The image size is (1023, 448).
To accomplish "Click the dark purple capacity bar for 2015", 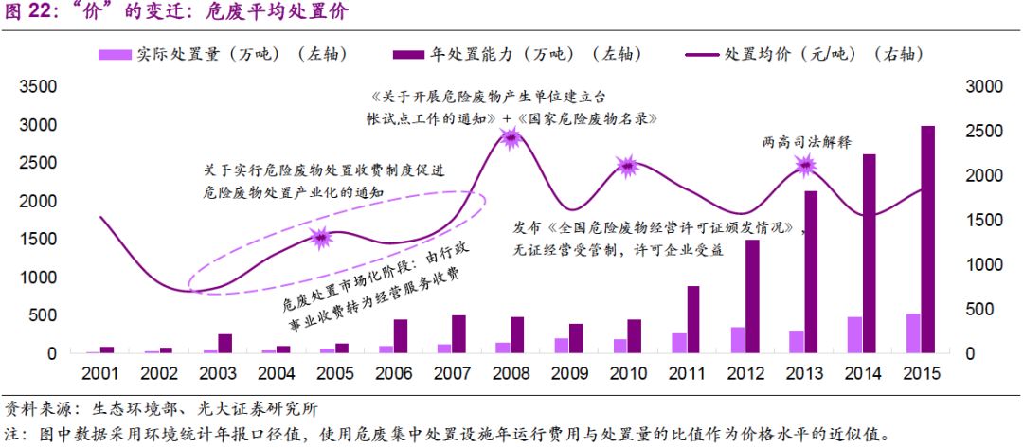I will coord(928,240).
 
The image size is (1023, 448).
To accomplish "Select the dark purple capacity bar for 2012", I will coord(752,296).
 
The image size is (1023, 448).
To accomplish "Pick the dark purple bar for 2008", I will coord(517,334).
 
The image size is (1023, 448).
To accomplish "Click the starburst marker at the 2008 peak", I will coord(511,139).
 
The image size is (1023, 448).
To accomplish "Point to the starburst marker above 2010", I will coord(628,167).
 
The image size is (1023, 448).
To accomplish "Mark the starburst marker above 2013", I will coord(805,166).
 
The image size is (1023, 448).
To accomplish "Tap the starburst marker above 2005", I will coord(321,238).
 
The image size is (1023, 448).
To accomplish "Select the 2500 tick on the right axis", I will coord(983,132).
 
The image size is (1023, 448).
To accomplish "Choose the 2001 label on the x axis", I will coord(99,373).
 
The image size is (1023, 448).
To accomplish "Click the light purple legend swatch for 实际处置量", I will coord(115,55).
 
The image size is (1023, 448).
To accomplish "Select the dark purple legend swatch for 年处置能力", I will coord(409,55).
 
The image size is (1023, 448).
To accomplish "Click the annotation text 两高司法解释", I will coord(807,142).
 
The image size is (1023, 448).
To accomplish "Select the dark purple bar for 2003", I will coord(224,343).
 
